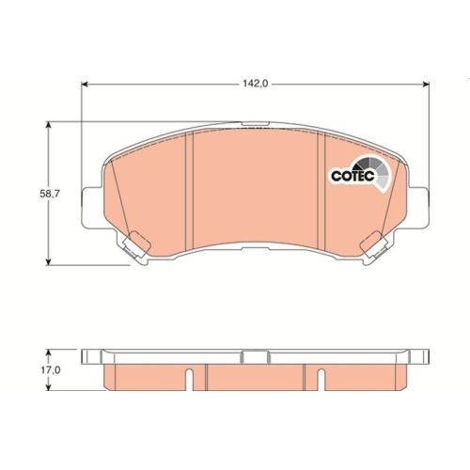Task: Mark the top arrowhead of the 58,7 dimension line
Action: click(50, 124)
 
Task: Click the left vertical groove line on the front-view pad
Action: click(190, 193)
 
